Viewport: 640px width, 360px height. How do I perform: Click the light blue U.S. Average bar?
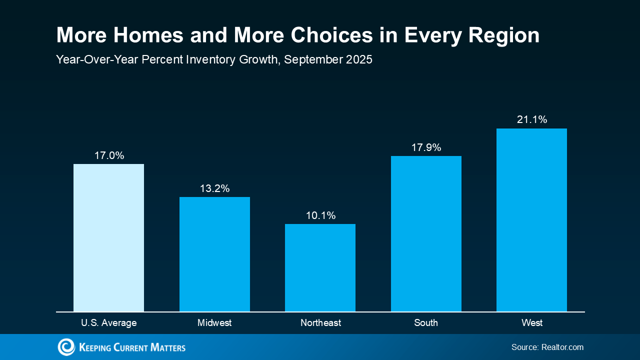108,237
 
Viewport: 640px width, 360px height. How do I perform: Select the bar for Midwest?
214,254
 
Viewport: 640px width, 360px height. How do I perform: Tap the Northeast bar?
320,267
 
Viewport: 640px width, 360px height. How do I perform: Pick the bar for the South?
426,233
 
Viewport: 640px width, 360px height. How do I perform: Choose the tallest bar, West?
531,220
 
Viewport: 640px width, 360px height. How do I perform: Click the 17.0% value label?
109,155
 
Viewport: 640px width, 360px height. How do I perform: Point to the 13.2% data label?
214,188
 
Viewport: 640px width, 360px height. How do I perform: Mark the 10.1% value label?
320,215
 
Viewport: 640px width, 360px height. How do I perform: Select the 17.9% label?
426,147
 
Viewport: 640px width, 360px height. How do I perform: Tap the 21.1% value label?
532,119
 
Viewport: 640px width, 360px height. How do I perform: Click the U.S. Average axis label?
108,323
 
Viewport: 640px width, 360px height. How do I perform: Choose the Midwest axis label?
214,323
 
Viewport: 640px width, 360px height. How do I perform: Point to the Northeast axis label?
320,323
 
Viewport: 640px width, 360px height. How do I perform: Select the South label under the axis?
426,323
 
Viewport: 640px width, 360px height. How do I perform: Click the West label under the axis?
532,323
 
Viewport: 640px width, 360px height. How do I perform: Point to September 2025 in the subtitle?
328,59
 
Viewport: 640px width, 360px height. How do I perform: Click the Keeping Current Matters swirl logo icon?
66,347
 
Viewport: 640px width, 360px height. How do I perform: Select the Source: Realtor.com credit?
547,347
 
